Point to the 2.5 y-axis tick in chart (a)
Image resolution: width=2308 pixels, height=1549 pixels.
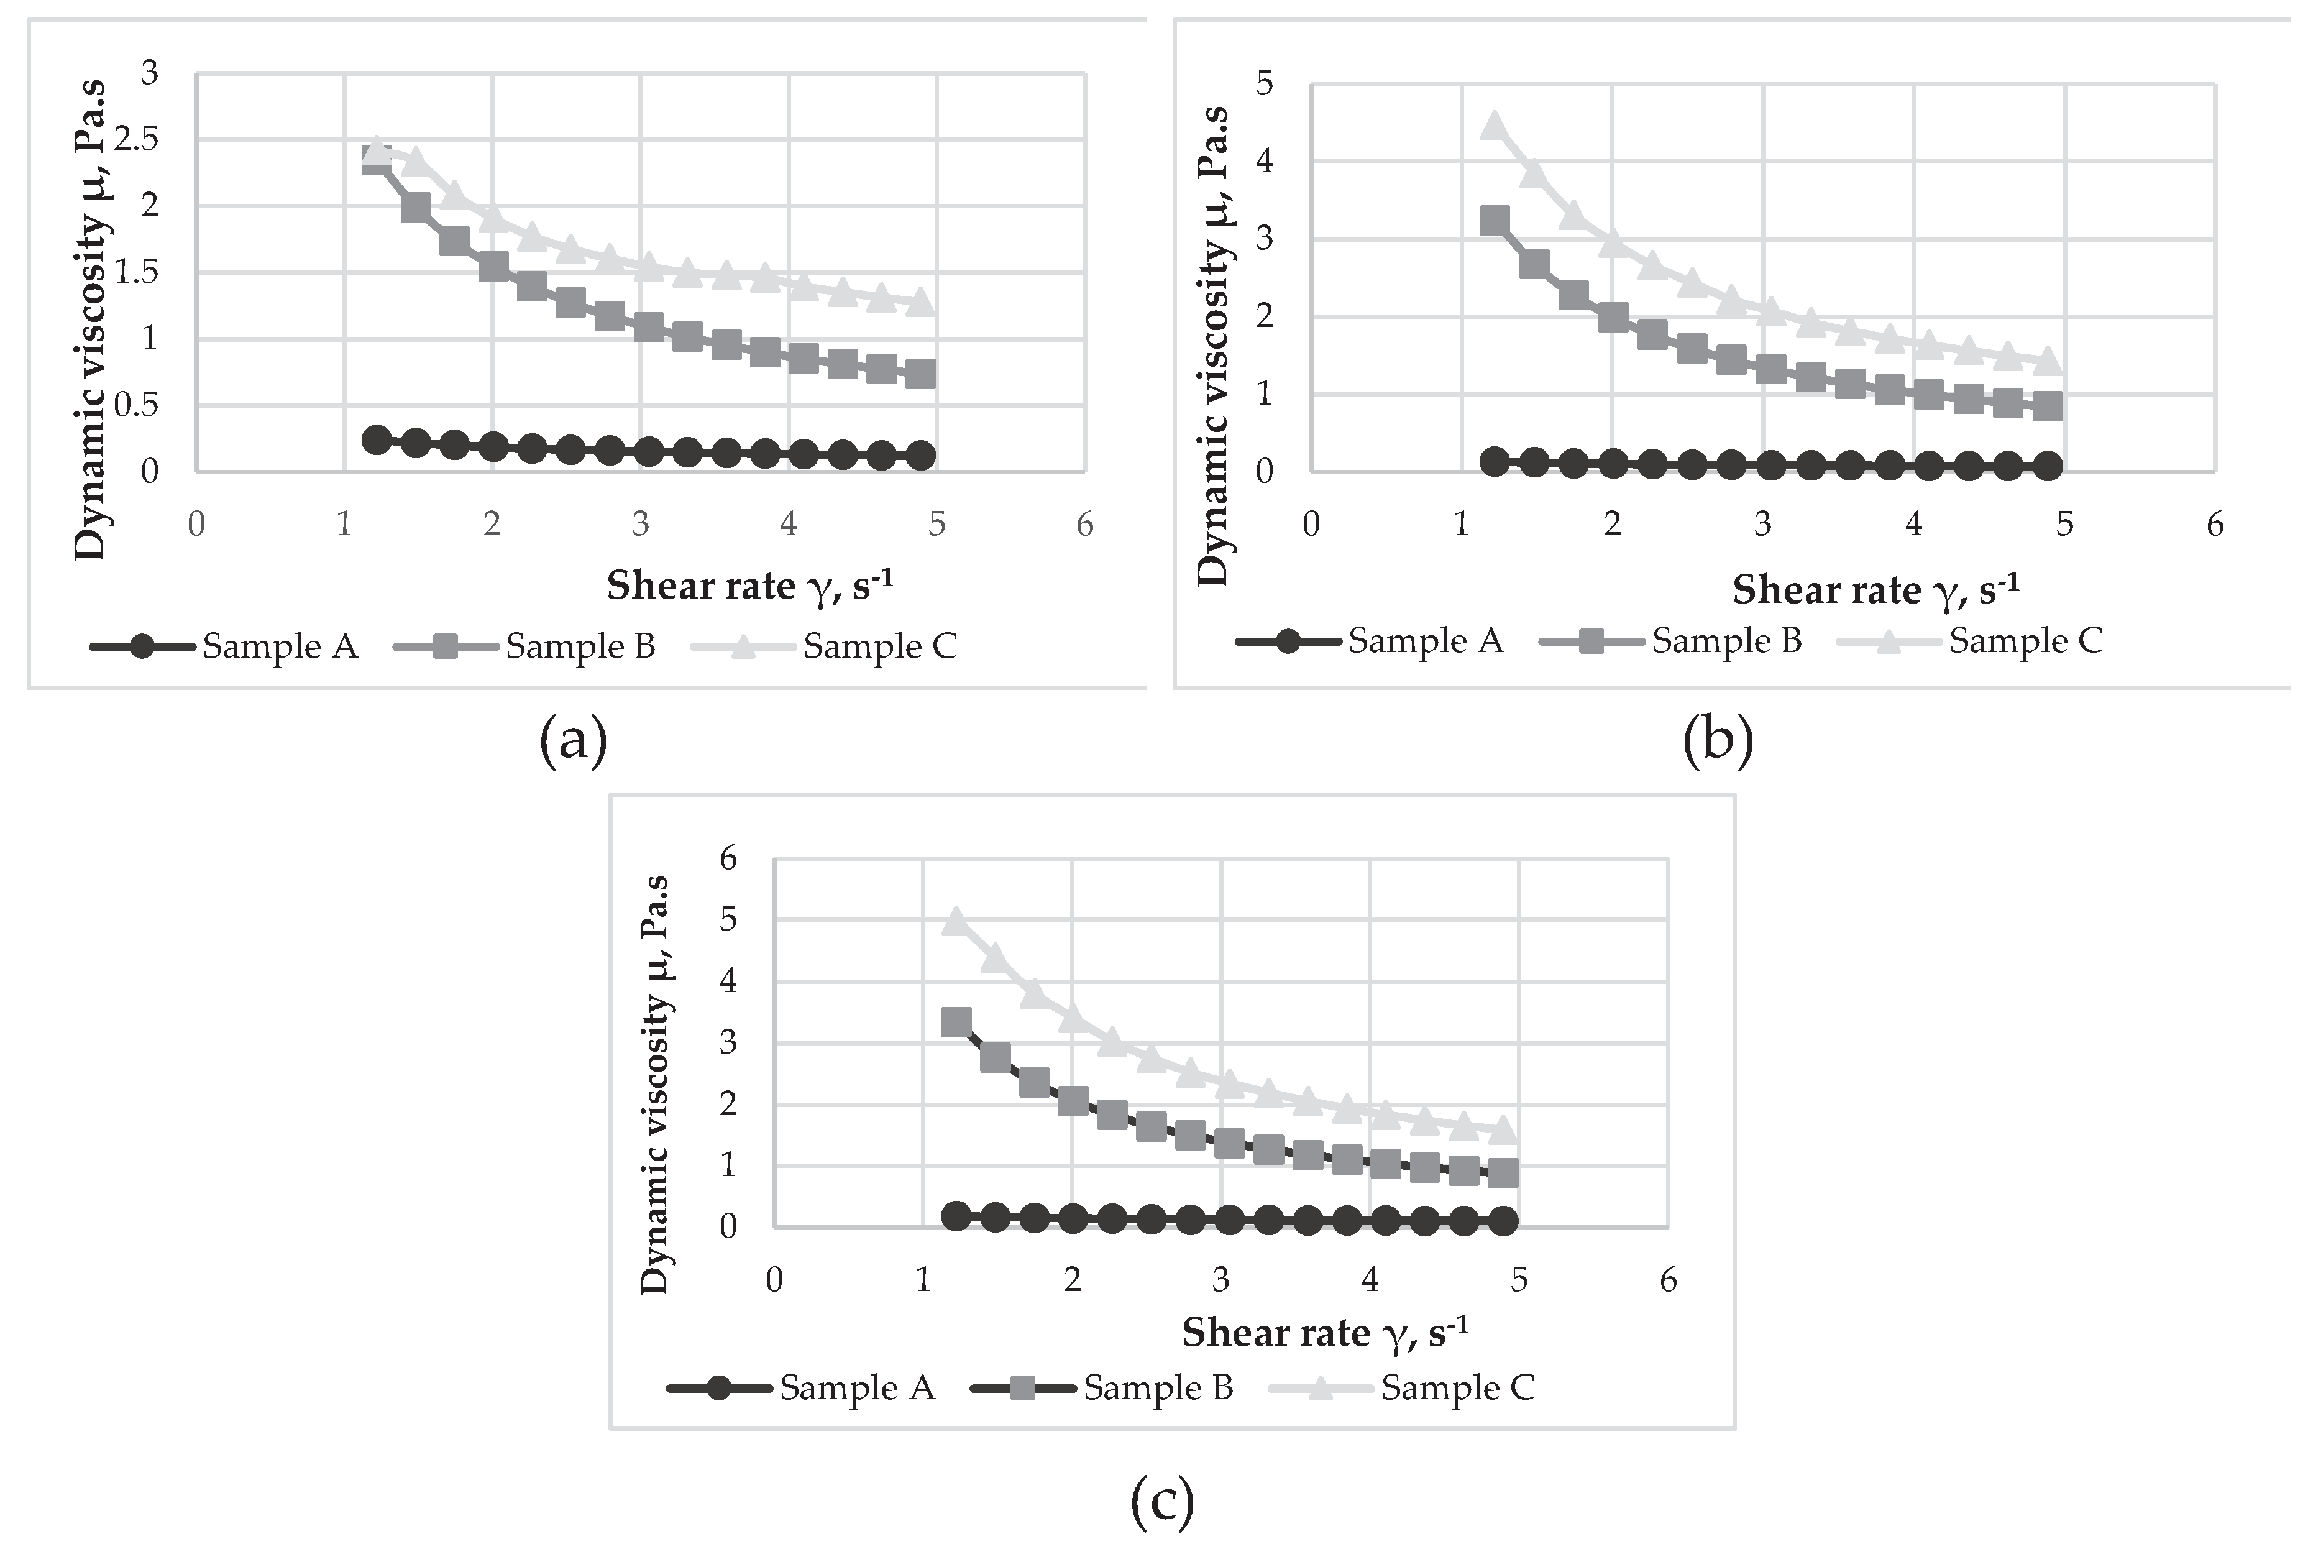click(136, 139)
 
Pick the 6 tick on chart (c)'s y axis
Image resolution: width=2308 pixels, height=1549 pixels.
click(729, 858)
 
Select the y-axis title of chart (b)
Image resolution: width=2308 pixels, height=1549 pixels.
click(1214, 346)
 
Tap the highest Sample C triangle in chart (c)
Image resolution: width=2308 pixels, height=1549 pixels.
click(955, 921)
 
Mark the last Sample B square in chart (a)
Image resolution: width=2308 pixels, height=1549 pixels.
click(920, 374)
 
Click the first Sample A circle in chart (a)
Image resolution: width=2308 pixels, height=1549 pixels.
click(376, 439)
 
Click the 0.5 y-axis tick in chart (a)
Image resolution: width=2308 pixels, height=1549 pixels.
click(136, 405)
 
